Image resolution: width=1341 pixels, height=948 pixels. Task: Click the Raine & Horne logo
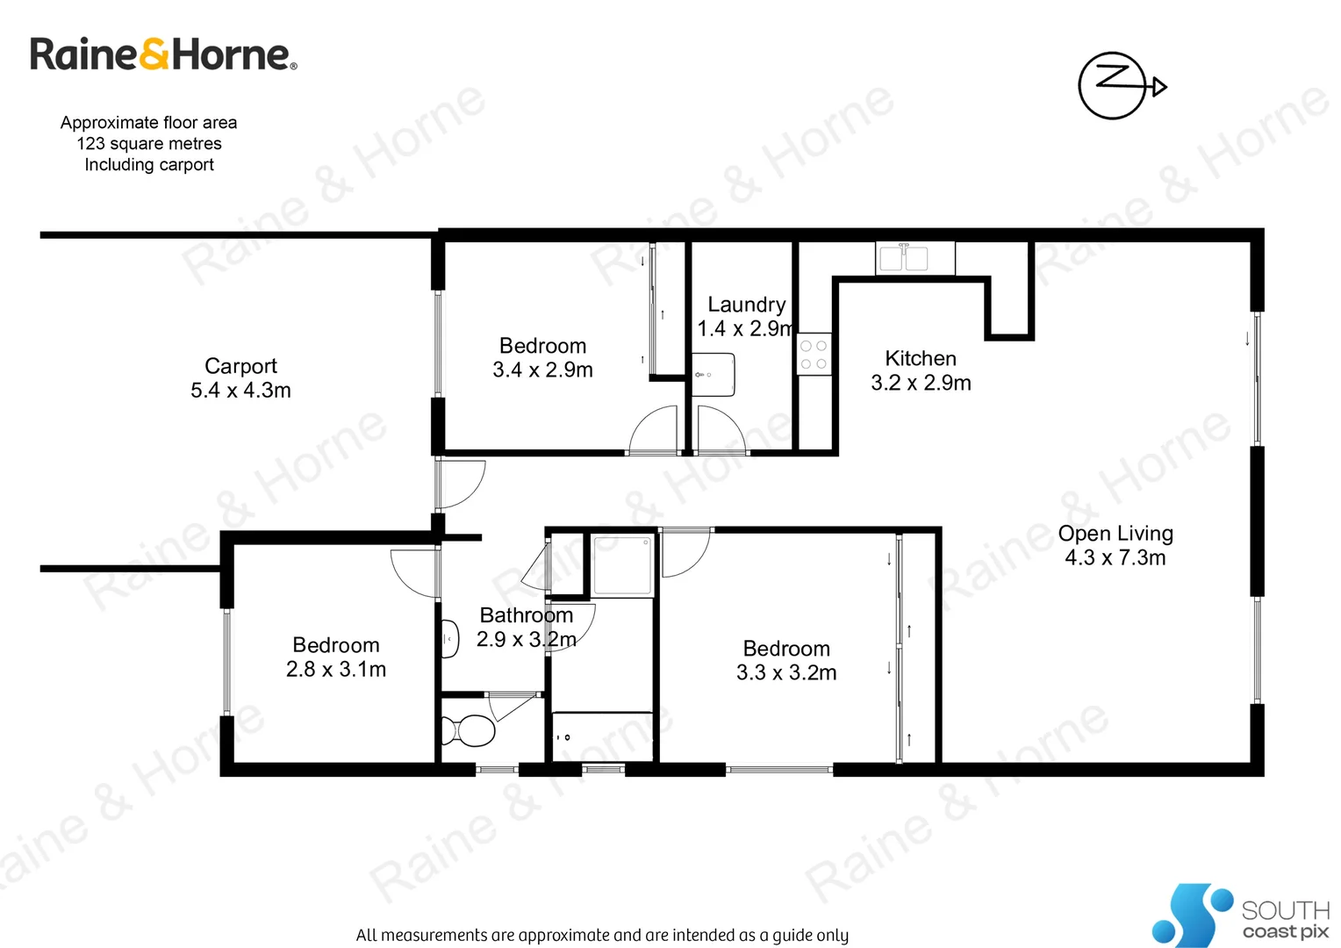163,54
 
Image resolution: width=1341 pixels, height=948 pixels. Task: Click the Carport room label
240,366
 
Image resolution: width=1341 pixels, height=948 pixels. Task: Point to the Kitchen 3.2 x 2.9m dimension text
921,383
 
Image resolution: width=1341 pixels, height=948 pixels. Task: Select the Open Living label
1115,534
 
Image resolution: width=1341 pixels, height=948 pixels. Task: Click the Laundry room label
747,305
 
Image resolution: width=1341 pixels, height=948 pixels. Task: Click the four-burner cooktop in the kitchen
814,355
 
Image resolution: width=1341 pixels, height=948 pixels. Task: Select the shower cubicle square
622,566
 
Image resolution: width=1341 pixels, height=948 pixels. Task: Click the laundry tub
713,375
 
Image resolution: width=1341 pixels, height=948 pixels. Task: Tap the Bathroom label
526,615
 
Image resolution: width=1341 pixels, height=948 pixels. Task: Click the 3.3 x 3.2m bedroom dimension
786,673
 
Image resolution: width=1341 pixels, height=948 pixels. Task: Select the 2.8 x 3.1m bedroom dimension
336,670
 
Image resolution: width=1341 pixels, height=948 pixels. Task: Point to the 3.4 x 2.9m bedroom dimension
542,370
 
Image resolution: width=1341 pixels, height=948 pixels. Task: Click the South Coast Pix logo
1239,916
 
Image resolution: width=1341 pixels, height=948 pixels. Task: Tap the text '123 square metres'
149,144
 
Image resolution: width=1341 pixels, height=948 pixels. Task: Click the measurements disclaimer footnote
602,936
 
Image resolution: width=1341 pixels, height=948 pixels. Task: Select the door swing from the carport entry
460,484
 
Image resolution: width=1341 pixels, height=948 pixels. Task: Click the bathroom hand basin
449,639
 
